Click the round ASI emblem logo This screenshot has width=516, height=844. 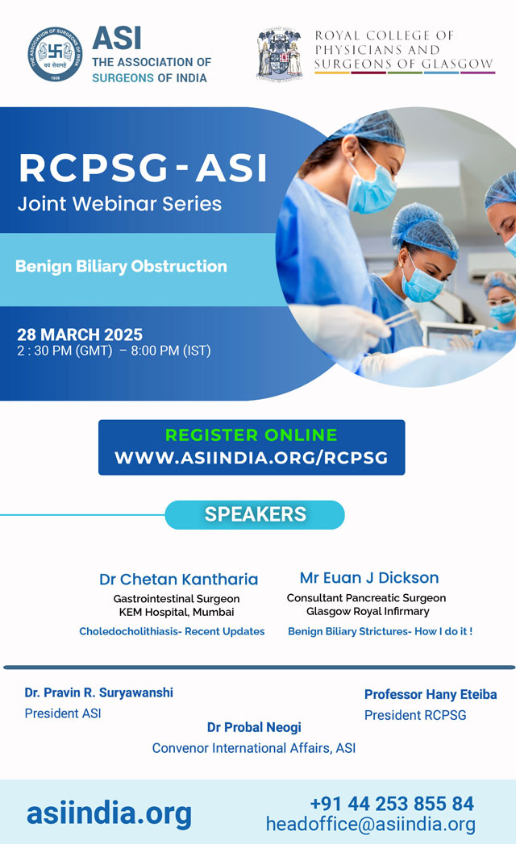point(55,54)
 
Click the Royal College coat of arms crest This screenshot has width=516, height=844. point(280,54)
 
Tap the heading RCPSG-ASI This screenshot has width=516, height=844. point(143,168)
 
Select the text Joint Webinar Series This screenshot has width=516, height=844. point(119,204)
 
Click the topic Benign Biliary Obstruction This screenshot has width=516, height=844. point(121,267)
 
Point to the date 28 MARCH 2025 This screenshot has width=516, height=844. point(80,335)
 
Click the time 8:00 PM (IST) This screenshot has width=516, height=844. point(171,351)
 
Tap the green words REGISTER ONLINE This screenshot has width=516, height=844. point(251,435)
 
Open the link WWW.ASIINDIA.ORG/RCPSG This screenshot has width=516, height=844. point(251,458)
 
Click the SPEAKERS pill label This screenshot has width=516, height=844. point(255,514)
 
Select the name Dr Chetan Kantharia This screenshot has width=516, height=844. point(178,579)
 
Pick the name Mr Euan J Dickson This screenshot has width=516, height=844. point(369,577)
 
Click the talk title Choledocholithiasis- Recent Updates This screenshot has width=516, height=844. point(172,631)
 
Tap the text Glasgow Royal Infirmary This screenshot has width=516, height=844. point(368,612)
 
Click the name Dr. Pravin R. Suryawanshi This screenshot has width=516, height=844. point(98,692)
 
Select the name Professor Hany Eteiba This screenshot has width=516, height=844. point(431,695)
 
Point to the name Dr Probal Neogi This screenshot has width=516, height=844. point(254,728)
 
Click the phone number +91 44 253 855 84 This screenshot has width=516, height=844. point(392,804)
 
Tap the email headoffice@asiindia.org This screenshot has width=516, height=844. point(371,825)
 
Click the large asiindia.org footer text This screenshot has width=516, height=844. point(110,813)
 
